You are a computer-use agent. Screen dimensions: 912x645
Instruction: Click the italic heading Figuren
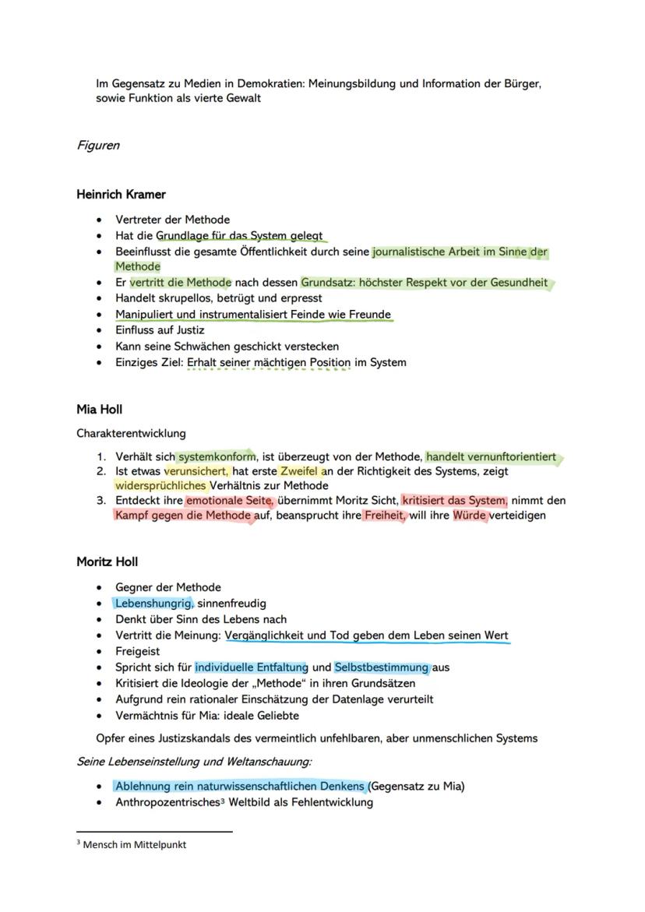tap(97, 146)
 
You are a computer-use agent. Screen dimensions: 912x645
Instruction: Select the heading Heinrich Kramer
tap(121, 195)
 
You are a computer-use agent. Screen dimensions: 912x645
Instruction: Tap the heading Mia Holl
tap(100, 410)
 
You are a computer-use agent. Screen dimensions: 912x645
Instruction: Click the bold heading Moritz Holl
tap(107, 562)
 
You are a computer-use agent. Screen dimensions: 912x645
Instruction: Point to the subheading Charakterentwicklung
tap(131, 433)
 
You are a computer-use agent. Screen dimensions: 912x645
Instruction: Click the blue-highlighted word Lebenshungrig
tap(153, 603)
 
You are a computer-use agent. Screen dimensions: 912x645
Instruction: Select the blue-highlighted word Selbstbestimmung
tap(382, 667)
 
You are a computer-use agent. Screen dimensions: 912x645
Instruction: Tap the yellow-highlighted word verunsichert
tap(196, 471)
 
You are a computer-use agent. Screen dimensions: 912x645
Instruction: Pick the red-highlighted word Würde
tap(471, 516)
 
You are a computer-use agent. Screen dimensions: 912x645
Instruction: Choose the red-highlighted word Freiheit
tap(384, 516)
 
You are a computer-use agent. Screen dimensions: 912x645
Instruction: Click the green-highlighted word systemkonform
tap(216, 457)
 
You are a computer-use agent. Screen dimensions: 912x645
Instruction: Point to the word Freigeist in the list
tap(137, 651)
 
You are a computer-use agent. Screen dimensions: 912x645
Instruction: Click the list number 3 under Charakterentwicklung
tap(100, 501)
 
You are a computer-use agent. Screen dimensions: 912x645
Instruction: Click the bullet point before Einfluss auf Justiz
tap(99, 330)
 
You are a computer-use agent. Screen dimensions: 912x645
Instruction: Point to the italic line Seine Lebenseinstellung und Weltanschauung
tap(194, 762)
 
